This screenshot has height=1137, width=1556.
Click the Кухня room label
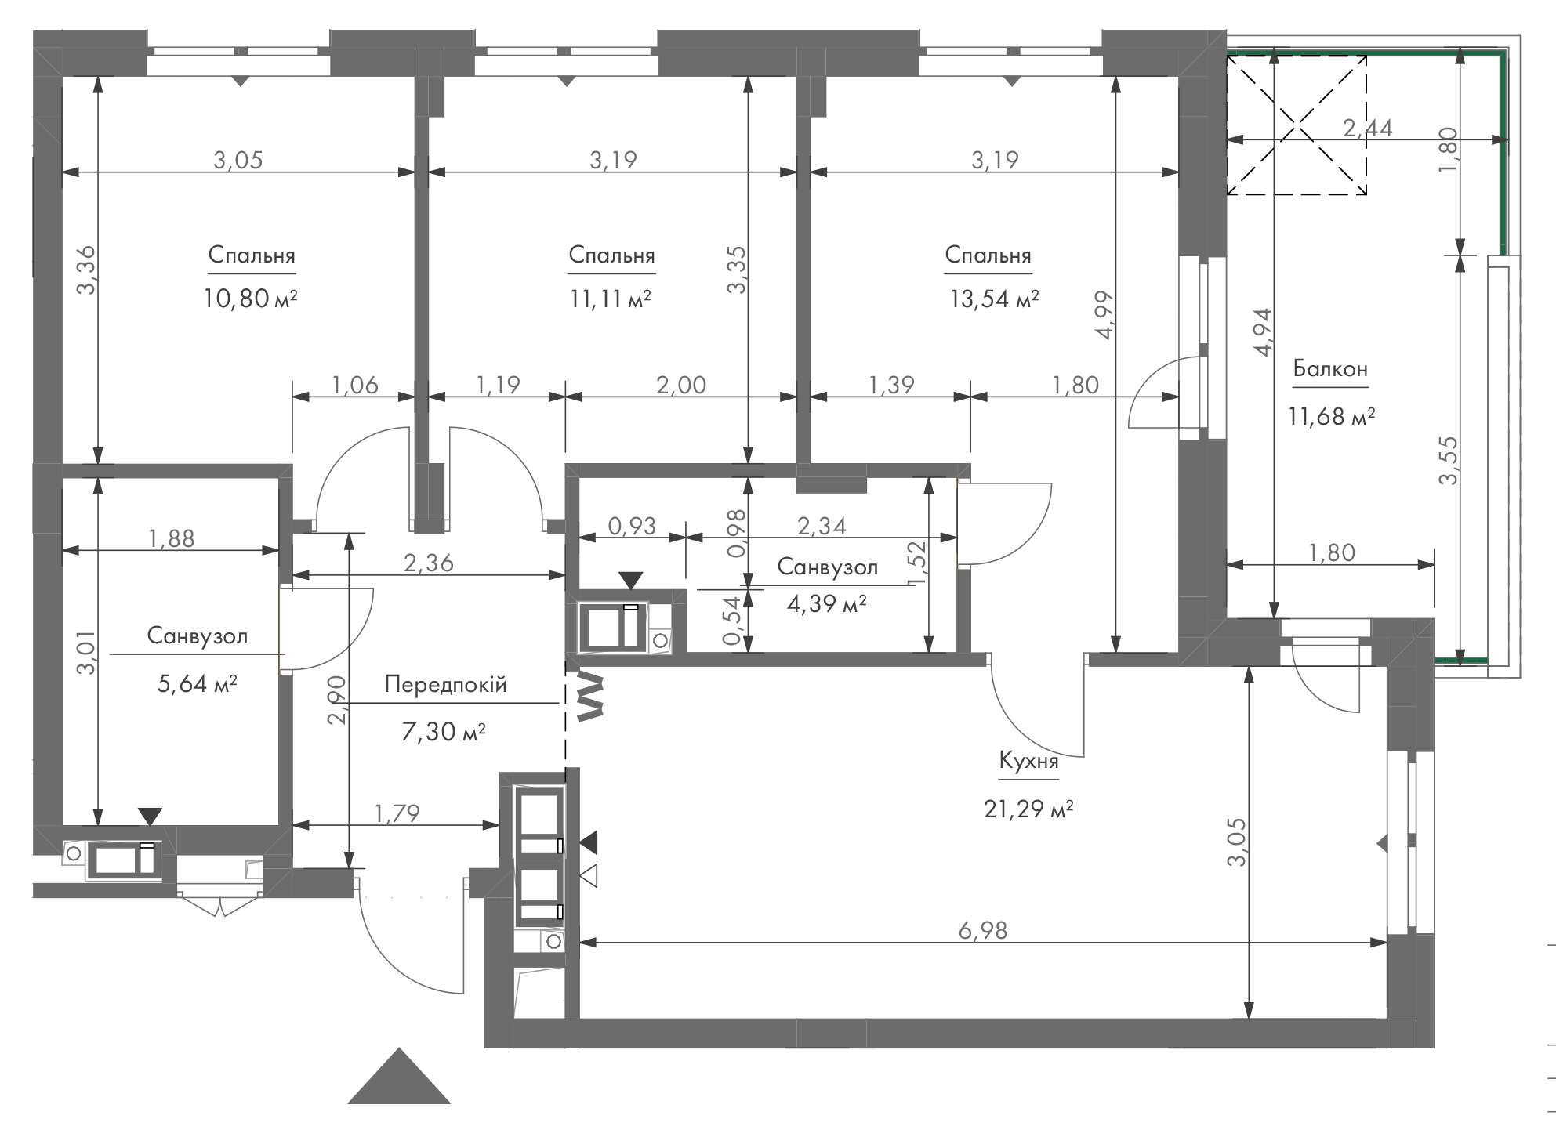point(1028,761)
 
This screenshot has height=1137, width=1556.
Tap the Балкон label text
point(1331,368)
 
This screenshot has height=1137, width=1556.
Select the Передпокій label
point(445,685)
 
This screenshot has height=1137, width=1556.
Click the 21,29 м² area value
point(1028,808)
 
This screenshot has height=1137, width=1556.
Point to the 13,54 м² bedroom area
point(995,299)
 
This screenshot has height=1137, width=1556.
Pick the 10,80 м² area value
point(252,299)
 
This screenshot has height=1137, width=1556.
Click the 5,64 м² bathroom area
point(198,684)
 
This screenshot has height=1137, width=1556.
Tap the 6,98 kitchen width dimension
point(982,930)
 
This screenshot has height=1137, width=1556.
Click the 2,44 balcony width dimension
point(1368,128)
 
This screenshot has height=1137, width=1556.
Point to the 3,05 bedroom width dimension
point(238,160)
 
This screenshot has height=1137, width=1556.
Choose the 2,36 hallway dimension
point(429,563)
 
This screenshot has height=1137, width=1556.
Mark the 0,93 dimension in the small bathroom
point(632,525)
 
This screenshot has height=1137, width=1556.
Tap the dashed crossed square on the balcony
point(1297,125)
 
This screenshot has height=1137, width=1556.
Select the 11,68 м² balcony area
point(1331,415)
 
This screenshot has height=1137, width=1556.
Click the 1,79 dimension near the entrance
point(397,813)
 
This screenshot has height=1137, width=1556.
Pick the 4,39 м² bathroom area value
point(826,603)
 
